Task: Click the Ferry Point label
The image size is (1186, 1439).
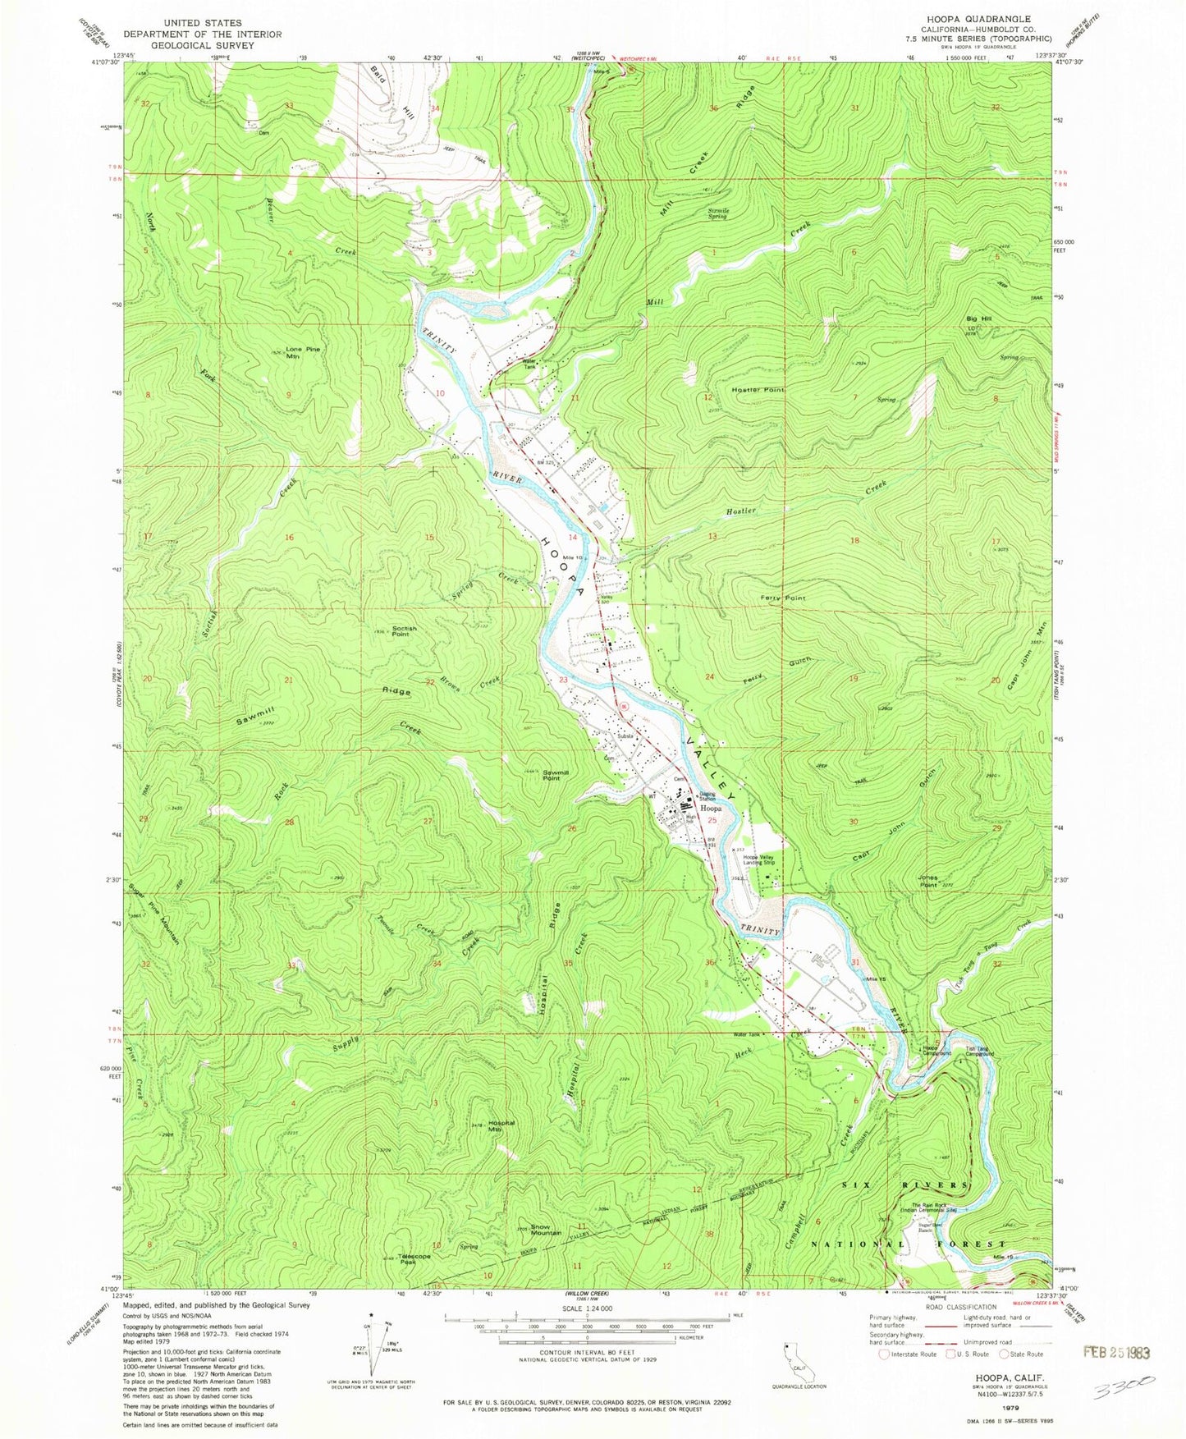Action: tap(782, 598)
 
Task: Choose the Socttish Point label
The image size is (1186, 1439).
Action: tap(404, 631)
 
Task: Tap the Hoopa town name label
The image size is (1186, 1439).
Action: tap(711, 808)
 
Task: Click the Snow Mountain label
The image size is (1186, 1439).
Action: tap(546, 1230)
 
